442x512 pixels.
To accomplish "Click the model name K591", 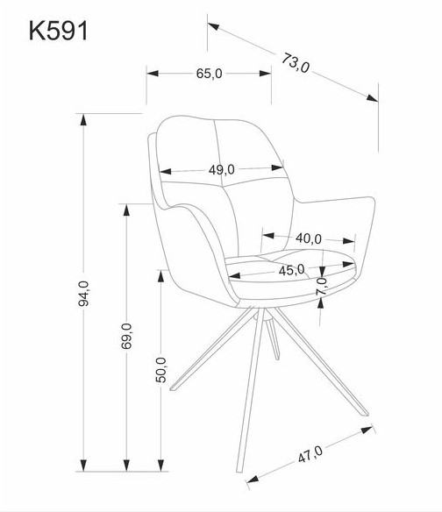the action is click(x=59, y=31).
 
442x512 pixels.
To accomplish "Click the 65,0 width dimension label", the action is click(x=209, y=74).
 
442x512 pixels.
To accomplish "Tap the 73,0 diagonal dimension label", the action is click(x=296, y=63).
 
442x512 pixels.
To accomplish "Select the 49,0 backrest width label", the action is click(x=222, y=169).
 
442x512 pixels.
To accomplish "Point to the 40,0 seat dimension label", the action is click(x=309, y=238).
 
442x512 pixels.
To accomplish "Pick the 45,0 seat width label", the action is click(x=292, y=270).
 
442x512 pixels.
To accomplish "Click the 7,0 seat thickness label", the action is click(x=322, y=287).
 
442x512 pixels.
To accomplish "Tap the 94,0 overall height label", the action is click(x=83, y=293).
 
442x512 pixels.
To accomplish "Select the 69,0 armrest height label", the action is click(x=127, y=336).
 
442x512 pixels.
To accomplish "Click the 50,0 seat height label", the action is click(x=160, y=370).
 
